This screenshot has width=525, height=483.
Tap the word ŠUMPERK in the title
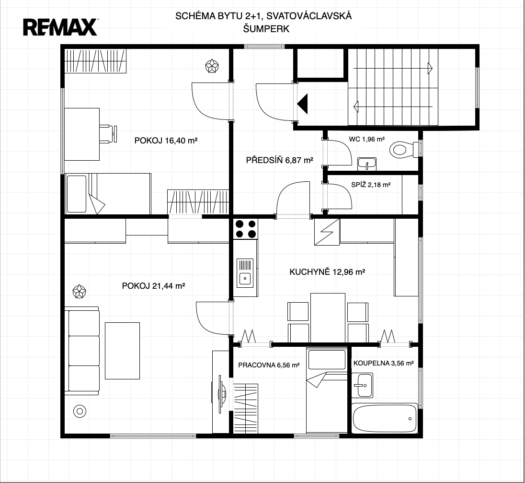(266, 29)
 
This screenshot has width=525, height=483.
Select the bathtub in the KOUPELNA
(384, 418)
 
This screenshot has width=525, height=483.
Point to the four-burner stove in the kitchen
(246, 229)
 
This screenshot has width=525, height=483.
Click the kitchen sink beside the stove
(245, 273)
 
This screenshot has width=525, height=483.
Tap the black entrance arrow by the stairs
(302, 104)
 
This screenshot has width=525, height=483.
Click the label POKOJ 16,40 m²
(166, 141)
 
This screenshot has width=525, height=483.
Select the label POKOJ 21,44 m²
(153, 286)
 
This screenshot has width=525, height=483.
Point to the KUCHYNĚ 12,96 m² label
(327, 272)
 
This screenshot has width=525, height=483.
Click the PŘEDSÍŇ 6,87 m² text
(280, 160)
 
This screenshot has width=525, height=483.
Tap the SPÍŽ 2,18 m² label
(371, 185)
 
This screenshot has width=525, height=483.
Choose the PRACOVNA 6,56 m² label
(269, 365)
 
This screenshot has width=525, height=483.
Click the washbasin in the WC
(367, 164)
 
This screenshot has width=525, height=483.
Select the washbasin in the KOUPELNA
(362, 385)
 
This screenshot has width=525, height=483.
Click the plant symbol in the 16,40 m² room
(212, 66)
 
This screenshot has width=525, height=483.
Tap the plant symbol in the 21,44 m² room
(80, 291)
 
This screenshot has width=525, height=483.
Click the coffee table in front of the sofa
(122, 351)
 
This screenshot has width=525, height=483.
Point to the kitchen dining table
(328, 318)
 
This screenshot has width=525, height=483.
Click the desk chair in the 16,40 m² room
(108, 134)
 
